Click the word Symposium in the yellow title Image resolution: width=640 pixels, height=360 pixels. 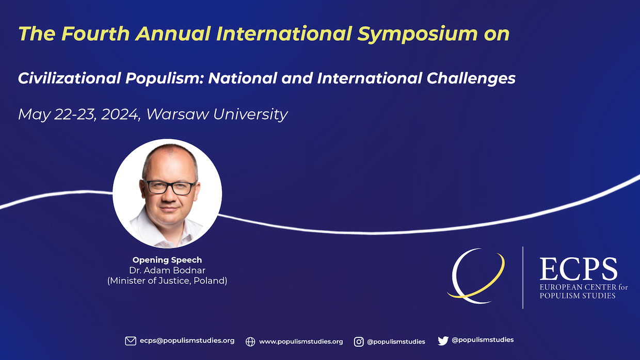coord(418,34)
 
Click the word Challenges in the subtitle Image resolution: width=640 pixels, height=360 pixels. coord(471,78)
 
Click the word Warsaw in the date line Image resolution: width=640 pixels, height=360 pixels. coord(178,114)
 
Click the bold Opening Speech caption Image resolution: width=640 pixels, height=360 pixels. coord(167,260)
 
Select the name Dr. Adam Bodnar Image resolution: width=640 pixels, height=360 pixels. coord(167,270)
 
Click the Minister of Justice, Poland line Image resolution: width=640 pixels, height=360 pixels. coord(167,281)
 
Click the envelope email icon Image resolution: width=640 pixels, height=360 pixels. coord(131,341)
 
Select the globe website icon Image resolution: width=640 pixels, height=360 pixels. coord(250,342)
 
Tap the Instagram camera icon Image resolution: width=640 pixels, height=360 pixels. coord(359,342)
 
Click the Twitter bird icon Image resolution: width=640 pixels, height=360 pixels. coord(443,340)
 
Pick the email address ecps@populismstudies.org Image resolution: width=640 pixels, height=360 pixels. coord(187,341)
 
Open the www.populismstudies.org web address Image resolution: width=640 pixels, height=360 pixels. coord(301,342)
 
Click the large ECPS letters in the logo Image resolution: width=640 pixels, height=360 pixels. coord(579,269)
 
